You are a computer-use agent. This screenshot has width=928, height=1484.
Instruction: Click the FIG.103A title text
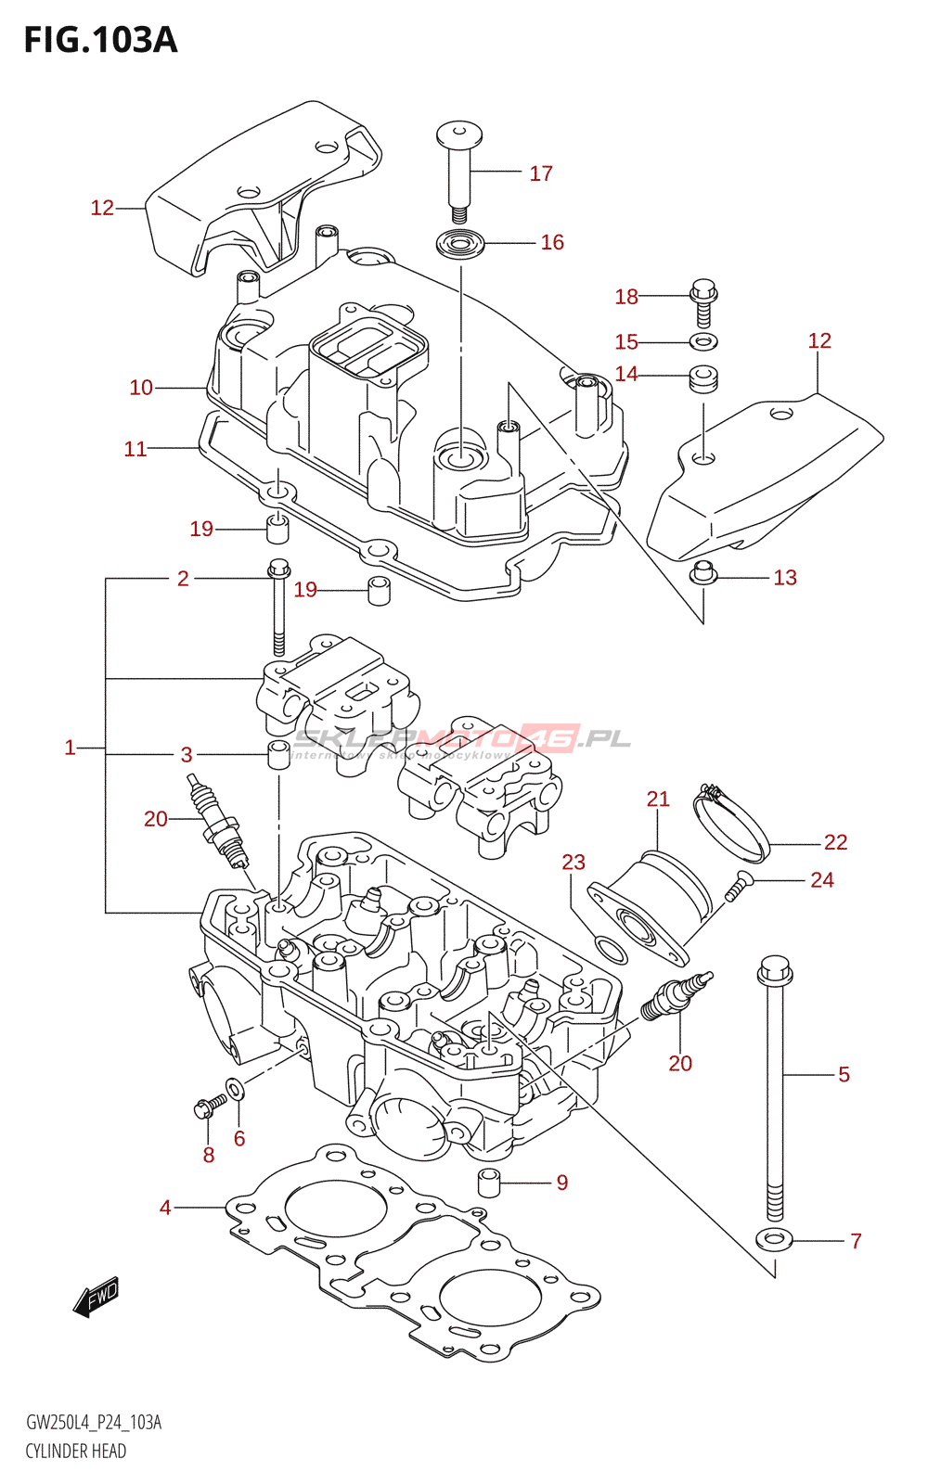(100, 40)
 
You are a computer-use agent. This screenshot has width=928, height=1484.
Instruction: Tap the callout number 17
(541, 173)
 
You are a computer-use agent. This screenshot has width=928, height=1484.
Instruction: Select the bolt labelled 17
(458, 167)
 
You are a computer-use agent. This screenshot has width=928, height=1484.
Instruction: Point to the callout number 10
(141, 388)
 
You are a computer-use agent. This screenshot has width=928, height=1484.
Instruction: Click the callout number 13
(785, 578)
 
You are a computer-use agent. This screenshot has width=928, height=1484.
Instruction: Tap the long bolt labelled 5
(775, 1094)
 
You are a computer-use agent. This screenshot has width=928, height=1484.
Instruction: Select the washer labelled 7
(774, 1239)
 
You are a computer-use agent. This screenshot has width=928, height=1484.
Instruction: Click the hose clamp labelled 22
(733, 824)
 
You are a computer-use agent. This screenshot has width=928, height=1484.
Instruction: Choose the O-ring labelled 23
(609, 950)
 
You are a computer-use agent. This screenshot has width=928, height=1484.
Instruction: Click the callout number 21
(658, 799)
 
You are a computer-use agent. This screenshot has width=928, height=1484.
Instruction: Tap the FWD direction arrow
(97, 1297)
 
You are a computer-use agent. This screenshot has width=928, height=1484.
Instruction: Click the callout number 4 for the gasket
(165, 1208)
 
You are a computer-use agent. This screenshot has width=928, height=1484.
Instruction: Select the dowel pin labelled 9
(489, 1183)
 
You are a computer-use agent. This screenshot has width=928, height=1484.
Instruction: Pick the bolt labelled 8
(209, 1106)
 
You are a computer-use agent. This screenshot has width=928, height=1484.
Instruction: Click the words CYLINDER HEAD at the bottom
(76, 1452)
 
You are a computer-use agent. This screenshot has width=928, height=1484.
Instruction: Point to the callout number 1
(70, 748)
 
